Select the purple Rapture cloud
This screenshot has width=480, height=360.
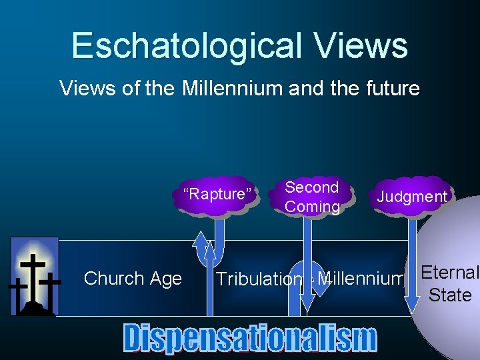tap(217, 195)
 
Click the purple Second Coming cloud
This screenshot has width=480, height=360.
tap(311, 197)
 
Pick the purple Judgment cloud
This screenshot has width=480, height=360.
tap(411, 197)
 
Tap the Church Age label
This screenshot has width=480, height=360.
tap(133, 279)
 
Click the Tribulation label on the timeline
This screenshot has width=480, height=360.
tap(259, 279)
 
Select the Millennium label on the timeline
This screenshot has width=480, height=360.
tap(361, 278)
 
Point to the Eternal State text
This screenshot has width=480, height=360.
tap(449, 283)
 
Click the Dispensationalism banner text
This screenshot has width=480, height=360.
tap(250, 338)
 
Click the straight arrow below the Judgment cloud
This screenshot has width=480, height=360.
tap(412, 267)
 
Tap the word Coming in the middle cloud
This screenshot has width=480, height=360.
tap(312, 207)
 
